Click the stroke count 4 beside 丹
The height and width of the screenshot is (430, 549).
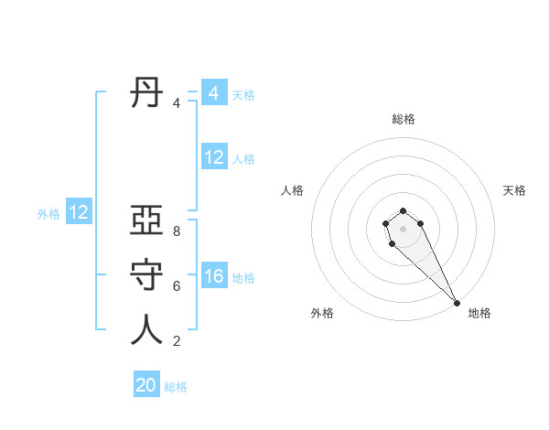[177, 103]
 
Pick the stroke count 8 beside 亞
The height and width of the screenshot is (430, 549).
[177, 231]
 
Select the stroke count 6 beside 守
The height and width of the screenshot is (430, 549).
[177, 286]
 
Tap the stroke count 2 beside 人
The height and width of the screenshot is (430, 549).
[177, 341]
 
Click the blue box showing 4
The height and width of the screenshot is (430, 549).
[213, 93]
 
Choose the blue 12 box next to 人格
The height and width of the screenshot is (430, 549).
[213, 157]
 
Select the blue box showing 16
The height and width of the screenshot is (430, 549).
[213, 276]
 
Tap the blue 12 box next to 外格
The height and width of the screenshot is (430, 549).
[79, 213]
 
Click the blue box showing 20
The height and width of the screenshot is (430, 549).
[146, 385]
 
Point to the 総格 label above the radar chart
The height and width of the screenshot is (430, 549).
[404, 119]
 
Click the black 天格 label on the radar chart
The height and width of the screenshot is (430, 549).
[514, 190]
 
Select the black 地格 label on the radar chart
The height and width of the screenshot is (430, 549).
[479, 313]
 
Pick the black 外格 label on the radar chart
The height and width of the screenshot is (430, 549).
[322, 313]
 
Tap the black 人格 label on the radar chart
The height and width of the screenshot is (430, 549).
[293, 190]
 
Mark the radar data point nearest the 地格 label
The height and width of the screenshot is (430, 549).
[457, 303]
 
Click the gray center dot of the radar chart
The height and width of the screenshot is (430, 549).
[404, 229]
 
